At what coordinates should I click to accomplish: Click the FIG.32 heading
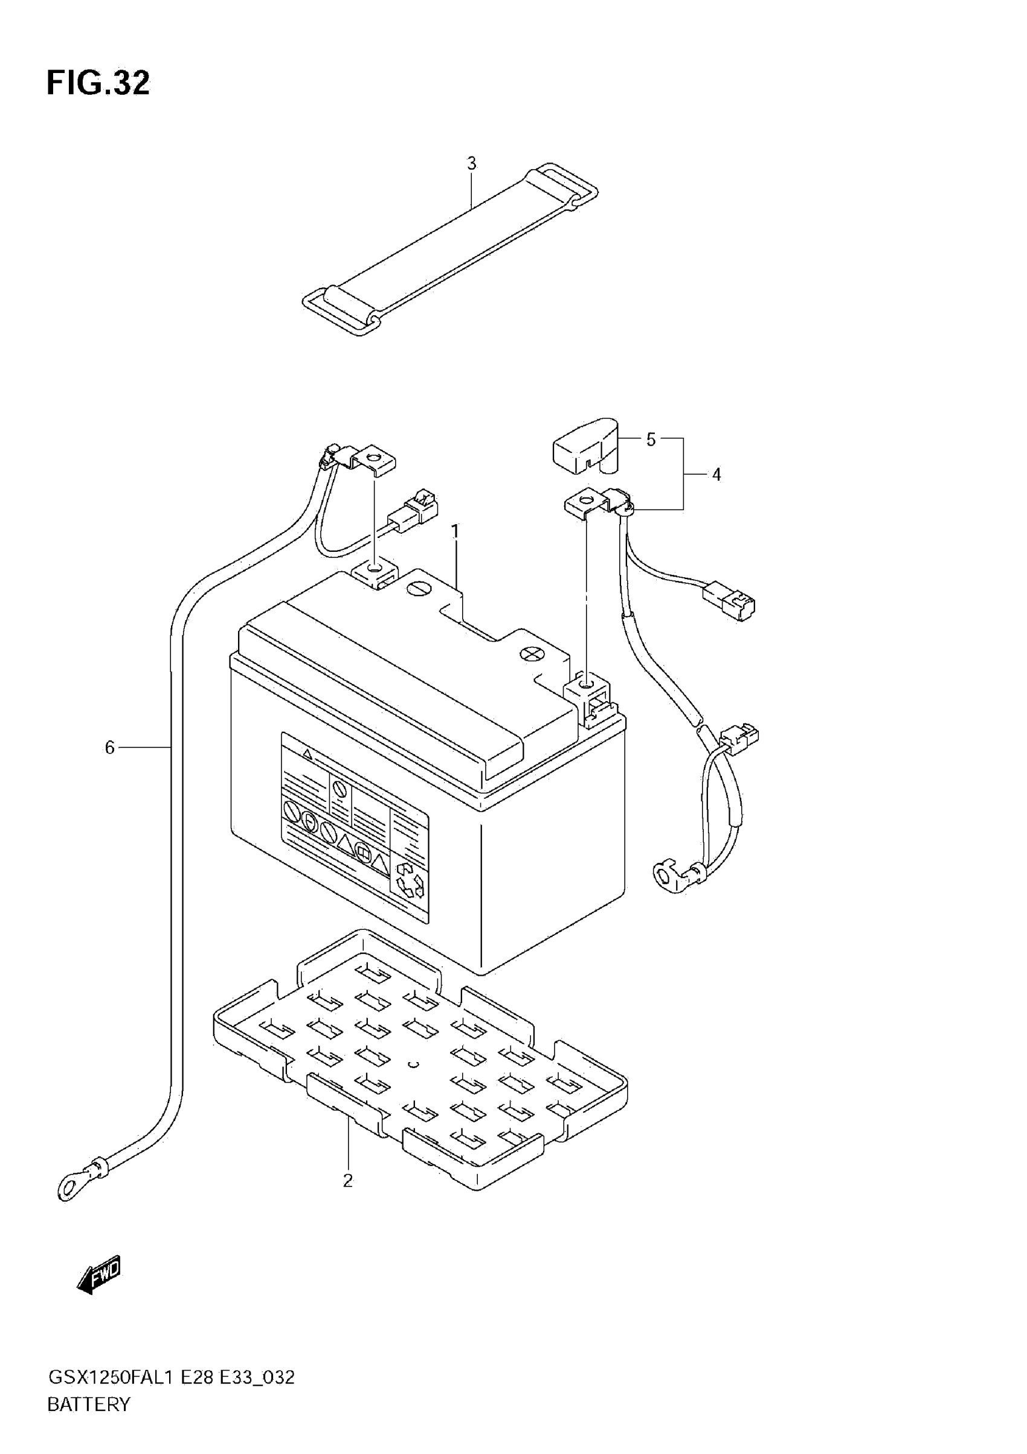click(x=98, y=83)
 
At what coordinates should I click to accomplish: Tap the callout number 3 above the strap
click(x=471, y=164)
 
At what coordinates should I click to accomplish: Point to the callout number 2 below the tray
click(x=348, y=1180)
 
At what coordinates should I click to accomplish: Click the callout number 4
click(x=716, y=475)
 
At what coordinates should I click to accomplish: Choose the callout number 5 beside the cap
click(x=651, y=440)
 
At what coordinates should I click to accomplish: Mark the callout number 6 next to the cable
click(x=109, y=748)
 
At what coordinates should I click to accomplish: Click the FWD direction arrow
click(x=99, y=1273)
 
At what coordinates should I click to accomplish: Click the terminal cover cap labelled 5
click(x=586, y=446)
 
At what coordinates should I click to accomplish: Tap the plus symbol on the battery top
click(x=531, y=654)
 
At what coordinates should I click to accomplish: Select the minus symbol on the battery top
click(x=417, y=589)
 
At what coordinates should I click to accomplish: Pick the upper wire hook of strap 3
click(x=570, y=184)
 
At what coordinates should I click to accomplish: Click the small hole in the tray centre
click(x=414, y=1064)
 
